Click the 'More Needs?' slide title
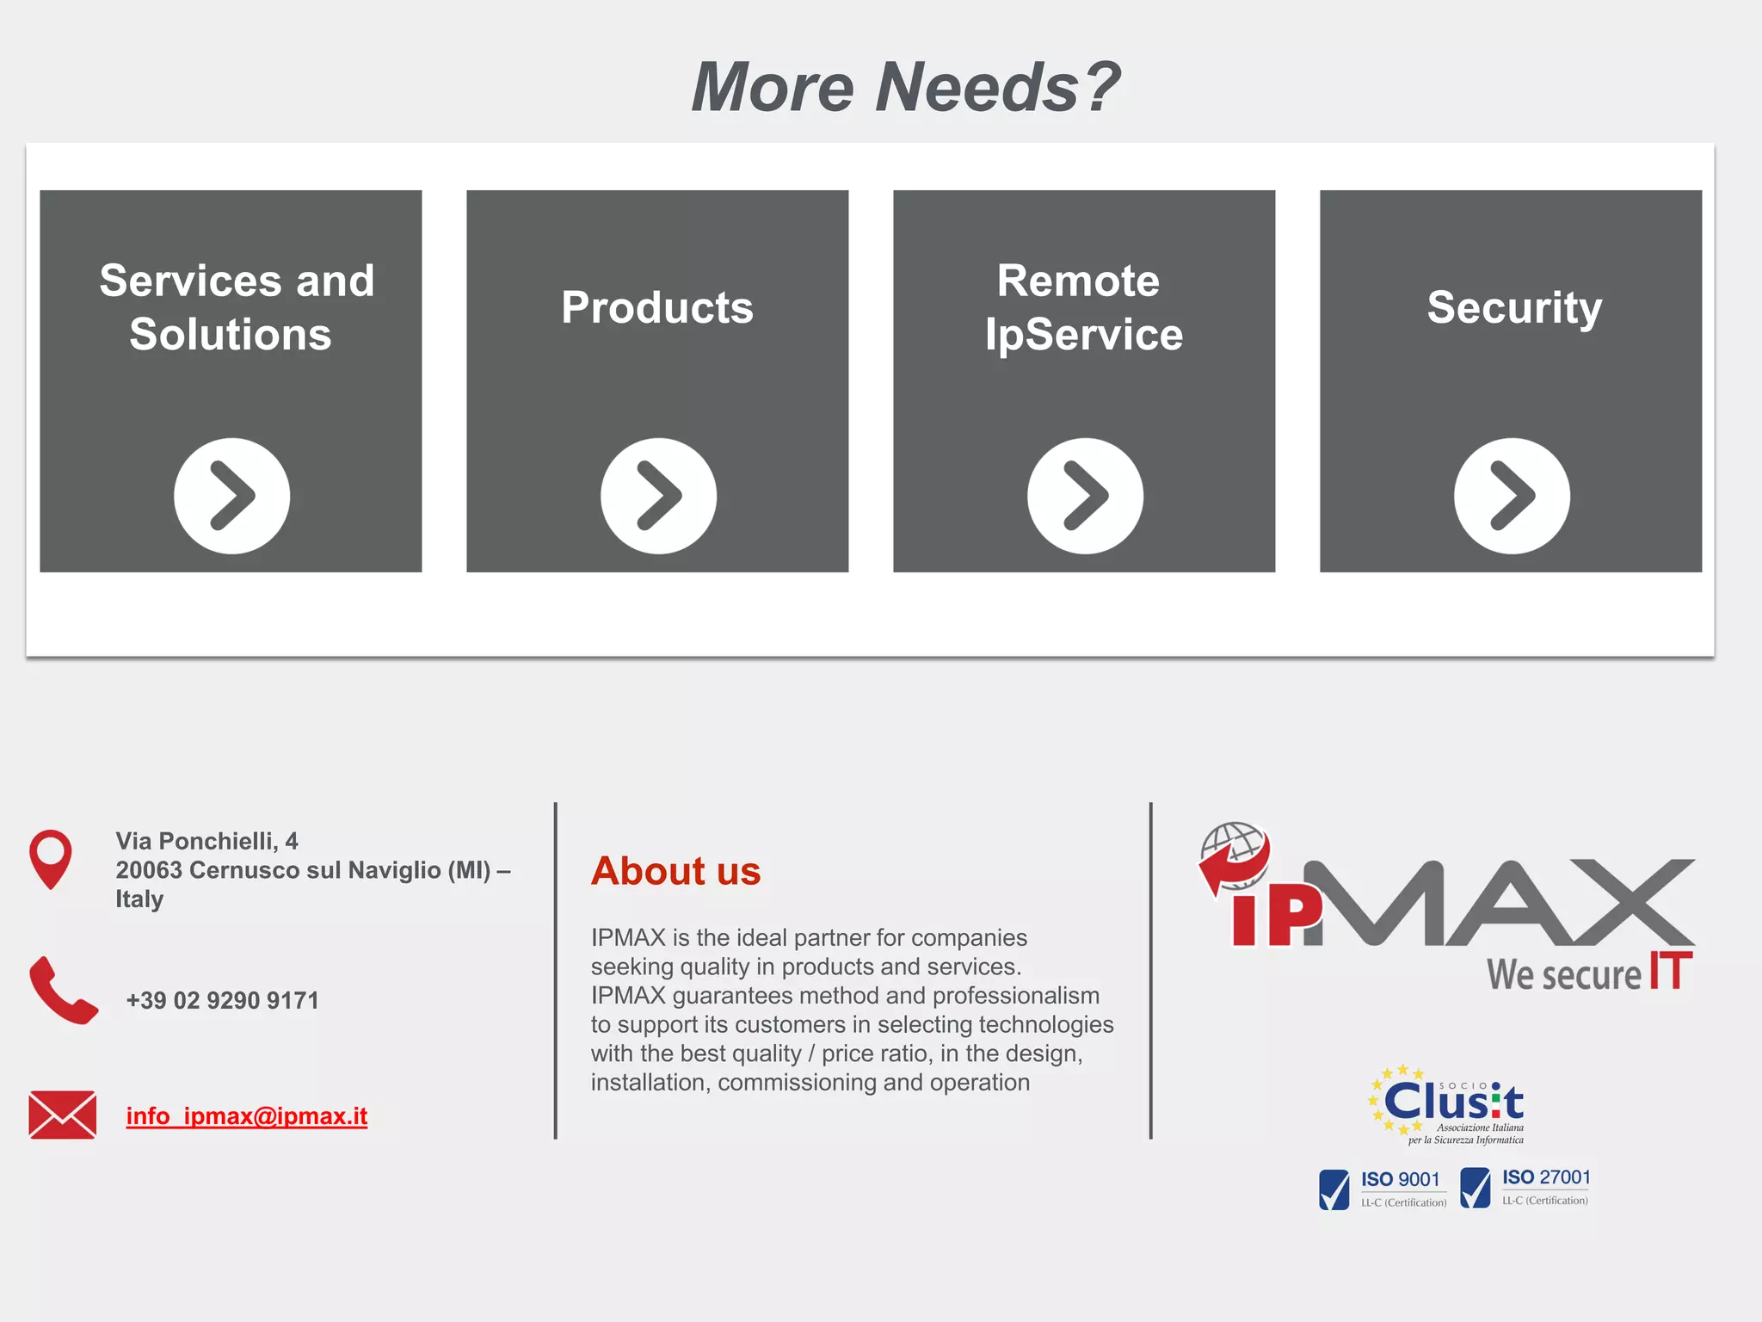(905, 87)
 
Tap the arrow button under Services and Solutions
(231, 496)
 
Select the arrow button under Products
(658, 496)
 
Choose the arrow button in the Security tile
(1512, 496)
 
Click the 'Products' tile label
(657, 307)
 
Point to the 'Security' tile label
(1514, 307)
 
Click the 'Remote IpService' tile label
(1082, 307)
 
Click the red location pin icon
(51, 858)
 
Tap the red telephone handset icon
(63, 990)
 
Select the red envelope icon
(62, 1115)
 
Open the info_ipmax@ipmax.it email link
(247, 1116)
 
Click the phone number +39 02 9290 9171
(222, 1000)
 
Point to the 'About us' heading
(675, 871)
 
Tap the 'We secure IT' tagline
(1588, 973)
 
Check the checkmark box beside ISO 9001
(1334, 1189)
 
